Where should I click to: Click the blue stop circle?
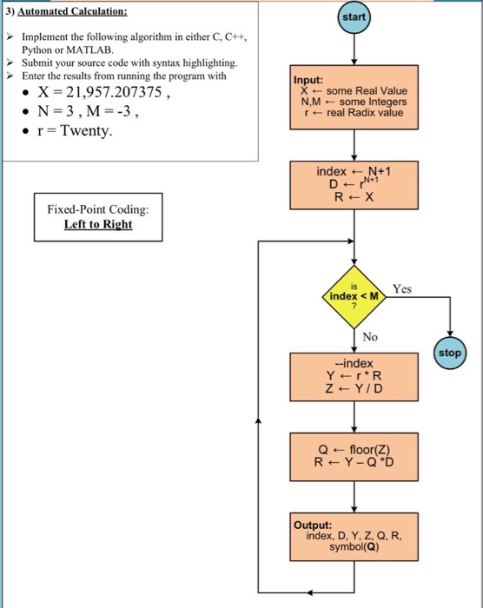pyautogui.click(x=450, y=354)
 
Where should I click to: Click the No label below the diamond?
pyautogui.click(x=372, y=336)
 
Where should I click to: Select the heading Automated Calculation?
pyautogui.click(x=72, y=12)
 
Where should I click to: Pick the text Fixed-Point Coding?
pyautogui.click(x=98, y=209)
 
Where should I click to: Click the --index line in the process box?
pyautogui.click(x=354, y=363)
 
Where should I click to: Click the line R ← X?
pyautogui.click(x=354, y=196)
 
